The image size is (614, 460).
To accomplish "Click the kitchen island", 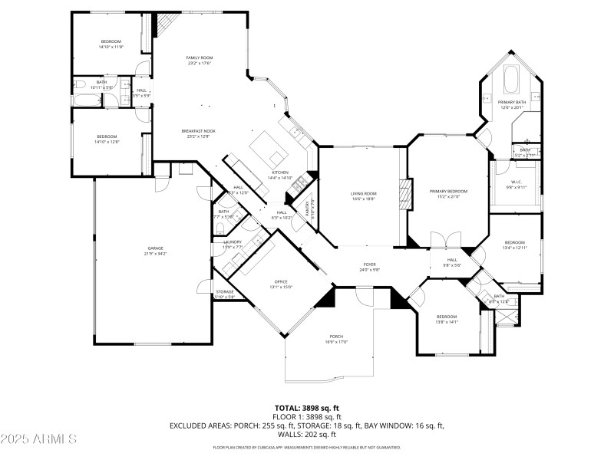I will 266,147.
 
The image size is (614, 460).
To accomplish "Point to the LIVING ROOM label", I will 364,195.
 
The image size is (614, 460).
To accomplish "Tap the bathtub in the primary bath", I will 511,78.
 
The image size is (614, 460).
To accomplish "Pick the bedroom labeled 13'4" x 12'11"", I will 514,244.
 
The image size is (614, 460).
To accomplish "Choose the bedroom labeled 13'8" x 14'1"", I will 447,319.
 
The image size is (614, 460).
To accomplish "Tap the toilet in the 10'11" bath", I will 79,84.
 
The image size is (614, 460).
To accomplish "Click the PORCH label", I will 336,339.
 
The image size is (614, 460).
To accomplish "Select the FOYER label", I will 370,267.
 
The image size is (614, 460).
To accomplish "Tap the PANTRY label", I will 312,209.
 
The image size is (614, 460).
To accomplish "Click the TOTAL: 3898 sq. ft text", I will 306,408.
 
